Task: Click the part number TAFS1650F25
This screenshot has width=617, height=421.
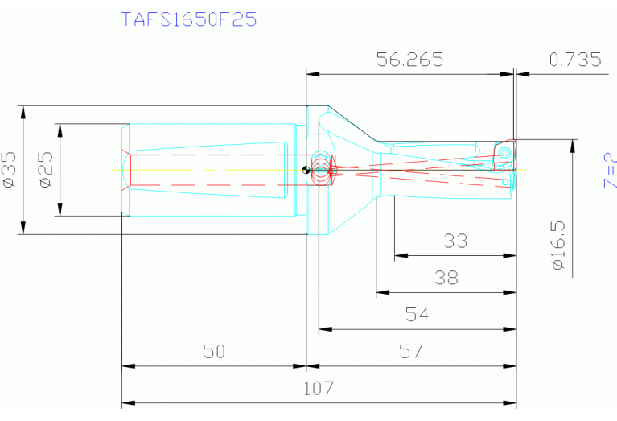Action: (189, 19)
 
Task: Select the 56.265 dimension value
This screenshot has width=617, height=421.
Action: (410, 60)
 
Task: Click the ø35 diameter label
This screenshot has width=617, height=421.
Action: (10, 171)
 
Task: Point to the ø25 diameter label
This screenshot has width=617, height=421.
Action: (46, 171)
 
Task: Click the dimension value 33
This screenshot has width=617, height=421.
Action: (456, 241)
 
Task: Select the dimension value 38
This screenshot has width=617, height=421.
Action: (446, 278)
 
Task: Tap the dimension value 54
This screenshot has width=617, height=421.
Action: (417, 315)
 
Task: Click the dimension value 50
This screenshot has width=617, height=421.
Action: (214, 352)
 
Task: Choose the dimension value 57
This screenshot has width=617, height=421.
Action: (410, 352)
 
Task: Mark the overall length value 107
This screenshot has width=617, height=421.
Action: (318, 389)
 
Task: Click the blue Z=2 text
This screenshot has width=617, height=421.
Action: (609, 171)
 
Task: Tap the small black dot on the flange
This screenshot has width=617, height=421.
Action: (303, 170)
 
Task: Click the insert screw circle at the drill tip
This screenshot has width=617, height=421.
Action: (505, 151)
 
